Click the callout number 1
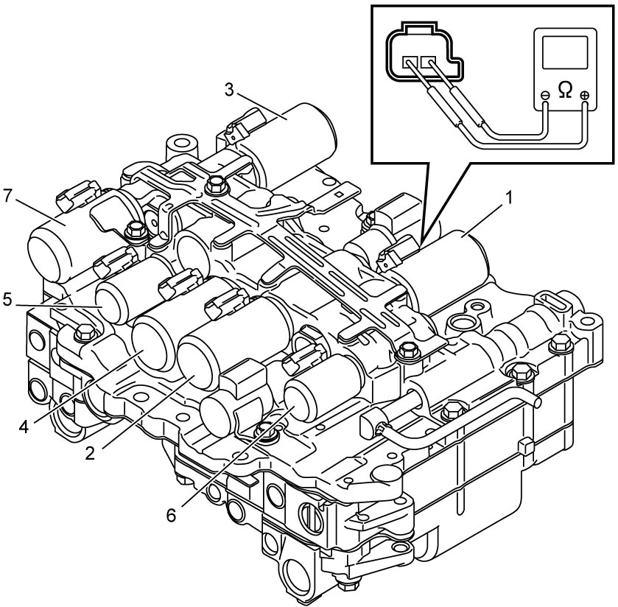[509, 198]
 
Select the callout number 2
[91, 454]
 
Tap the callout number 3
[229, 89]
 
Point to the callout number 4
[24, 427]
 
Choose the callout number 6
[171, 515]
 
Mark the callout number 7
[8, 196]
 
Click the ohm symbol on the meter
[565, 91]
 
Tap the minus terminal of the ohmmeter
[546, 95]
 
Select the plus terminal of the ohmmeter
[585, 95]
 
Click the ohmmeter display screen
[565, 52]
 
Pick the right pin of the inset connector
[428, 61]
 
